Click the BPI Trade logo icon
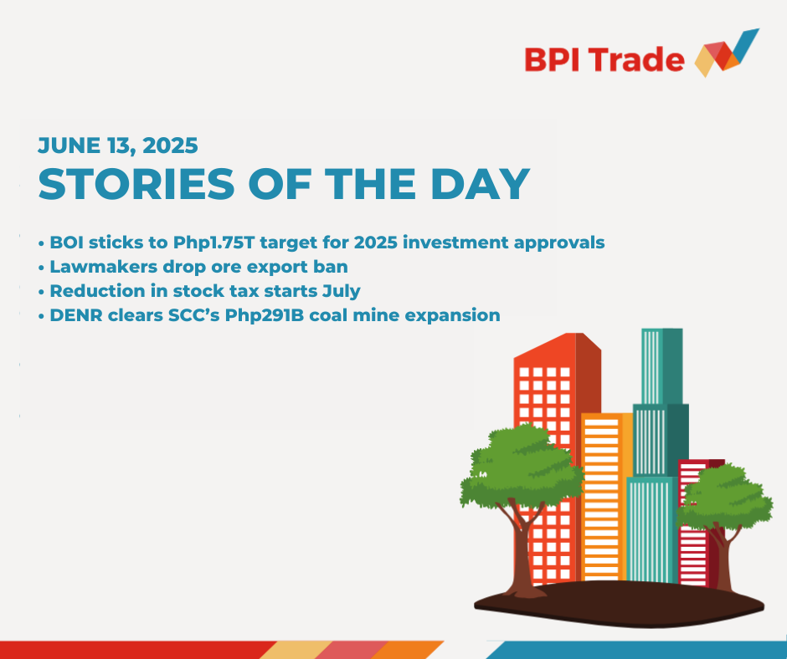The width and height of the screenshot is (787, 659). [727, 54]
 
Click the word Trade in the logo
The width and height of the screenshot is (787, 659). [636, 59]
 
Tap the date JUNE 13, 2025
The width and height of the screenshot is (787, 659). [118, 146]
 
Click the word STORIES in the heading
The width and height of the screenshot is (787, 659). [136, 184]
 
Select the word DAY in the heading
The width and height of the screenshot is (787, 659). [481, 184]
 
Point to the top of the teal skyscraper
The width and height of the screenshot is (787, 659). [662, 330]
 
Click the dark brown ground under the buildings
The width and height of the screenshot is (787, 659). [619, 604]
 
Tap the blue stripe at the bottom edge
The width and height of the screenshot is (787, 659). [636, 650]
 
